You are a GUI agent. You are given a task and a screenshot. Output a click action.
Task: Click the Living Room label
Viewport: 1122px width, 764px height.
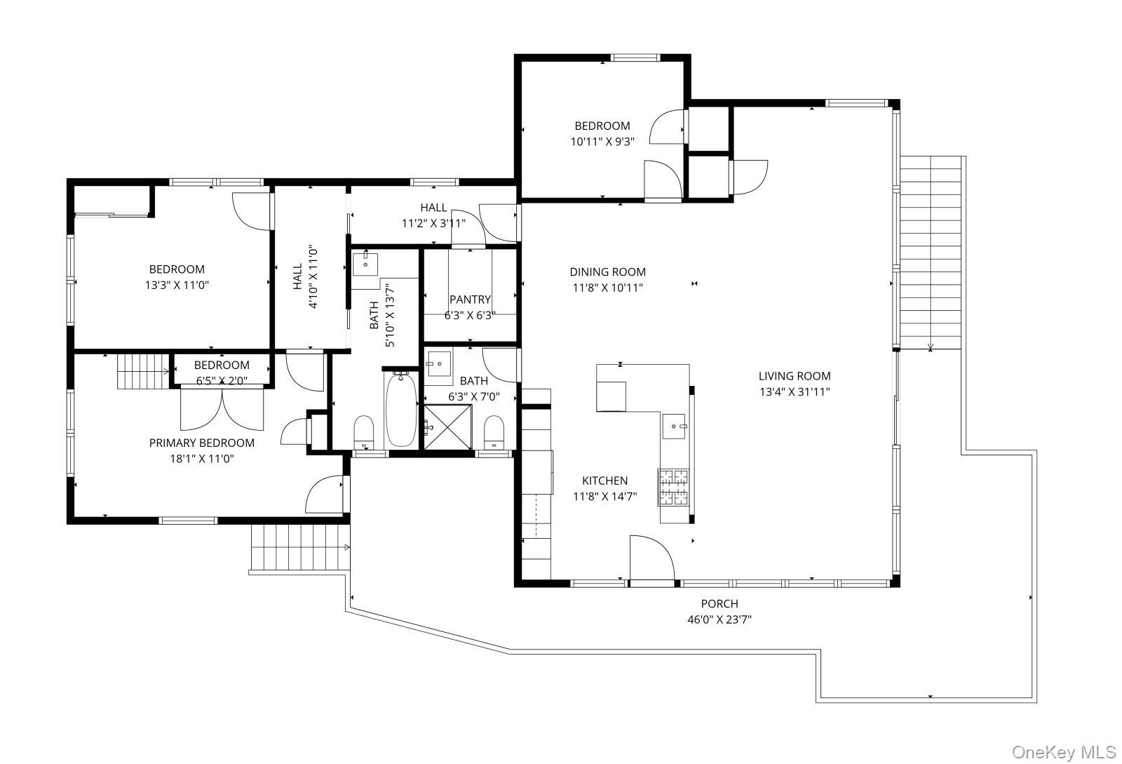click(x=794, y=376)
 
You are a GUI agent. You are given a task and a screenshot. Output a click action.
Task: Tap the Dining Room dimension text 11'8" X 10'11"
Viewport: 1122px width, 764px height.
click(x=607, y=288)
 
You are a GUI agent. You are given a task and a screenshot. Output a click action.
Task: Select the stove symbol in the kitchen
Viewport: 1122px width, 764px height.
click(x=673, y=487)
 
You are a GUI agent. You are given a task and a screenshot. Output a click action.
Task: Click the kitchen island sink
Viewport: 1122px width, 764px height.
click(x=675, y=425)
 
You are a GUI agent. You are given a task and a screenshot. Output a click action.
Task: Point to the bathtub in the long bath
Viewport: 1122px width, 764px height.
click(x=401, y=410)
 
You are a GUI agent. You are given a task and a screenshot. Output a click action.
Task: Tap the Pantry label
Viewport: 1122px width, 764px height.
click(x=470, y=300)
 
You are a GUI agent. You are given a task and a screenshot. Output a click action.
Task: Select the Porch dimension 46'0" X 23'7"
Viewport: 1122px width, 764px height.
click(x=719, y=619)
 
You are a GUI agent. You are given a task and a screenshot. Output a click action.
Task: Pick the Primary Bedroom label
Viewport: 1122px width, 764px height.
click(x=202, y=443)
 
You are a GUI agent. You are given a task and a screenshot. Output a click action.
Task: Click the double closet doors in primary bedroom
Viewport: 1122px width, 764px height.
click(x=222, y=409)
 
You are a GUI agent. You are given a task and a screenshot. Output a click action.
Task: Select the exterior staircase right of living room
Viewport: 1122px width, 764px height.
click(x=930, y=253)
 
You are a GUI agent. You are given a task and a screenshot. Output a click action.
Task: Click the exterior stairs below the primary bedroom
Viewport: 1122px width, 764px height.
click(x=300, y=549)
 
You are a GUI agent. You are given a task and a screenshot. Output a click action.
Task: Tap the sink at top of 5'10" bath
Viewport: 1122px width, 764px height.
click(x=365, y=265)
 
